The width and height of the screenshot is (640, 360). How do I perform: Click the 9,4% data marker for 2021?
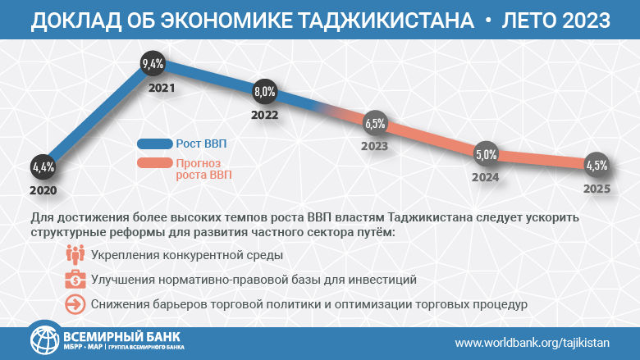point(153,63)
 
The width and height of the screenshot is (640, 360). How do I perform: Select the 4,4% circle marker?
point(43,166)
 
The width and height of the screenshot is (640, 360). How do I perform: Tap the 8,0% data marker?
point(264,92)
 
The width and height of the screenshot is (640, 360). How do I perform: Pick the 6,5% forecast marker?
point(374,124)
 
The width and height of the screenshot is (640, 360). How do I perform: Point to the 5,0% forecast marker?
point(486,154)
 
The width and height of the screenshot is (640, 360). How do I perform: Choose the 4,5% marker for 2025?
point(597,166)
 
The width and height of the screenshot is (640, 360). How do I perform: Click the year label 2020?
point(43,189)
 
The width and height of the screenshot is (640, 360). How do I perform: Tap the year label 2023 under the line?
point(374,147)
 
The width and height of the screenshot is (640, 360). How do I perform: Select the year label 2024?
point(486,176)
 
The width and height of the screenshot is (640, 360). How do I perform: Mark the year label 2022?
point(264,116)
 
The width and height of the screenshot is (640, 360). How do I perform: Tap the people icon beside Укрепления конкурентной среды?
point(75,255)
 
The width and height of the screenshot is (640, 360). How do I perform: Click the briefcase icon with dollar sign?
point(75,280)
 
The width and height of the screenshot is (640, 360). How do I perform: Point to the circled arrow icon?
point(75,304)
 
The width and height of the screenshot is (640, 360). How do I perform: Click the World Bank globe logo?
point(44,342)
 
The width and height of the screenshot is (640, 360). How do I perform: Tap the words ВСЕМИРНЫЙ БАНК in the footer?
point(121,337)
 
